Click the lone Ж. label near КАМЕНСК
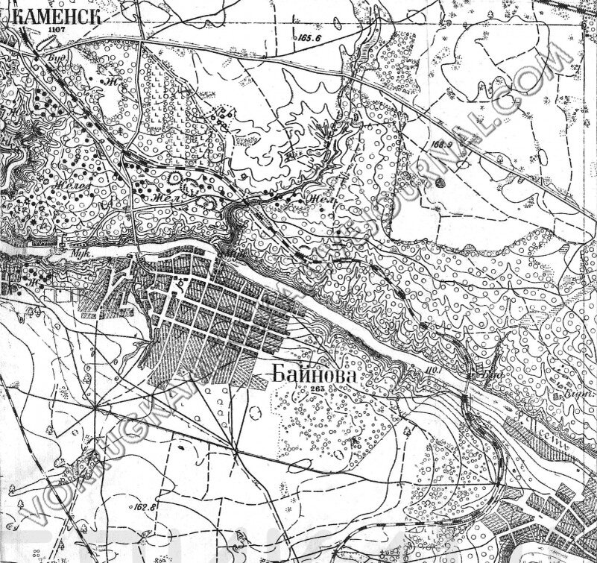tap(112, 81)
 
